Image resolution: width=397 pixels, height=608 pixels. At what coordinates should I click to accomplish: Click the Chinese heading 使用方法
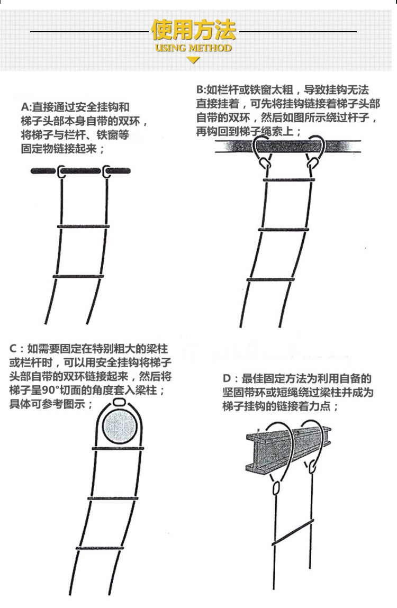tap(193, 30)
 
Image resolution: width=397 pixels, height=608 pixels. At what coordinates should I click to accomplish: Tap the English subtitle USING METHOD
tap(193, 48)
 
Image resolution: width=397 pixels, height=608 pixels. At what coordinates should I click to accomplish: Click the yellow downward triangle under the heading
tap(193, 60)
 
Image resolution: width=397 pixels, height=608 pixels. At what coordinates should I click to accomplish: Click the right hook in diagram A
tap(107, 171)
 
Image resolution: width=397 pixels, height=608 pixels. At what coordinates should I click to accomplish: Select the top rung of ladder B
tap(286, 180)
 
